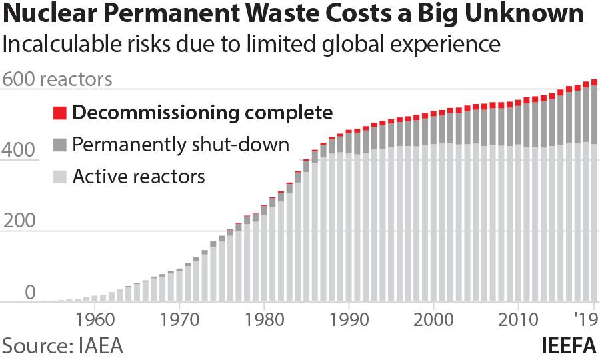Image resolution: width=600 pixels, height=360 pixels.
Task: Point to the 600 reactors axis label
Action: point(56,79)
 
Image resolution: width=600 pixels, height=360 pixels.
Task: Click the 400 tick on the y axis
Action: point(17,151)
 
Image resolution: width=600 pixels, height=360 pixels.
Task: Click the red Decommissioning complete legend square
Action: point(59,113)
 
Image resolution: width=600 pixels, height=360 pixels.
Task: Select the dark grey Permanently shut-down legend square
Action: point(59,145)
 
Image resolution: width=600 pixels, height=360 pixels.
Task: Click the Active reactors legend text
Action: point(139,177)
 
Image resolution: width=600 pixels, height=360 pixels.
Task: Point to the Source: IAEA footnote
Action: point(63,346)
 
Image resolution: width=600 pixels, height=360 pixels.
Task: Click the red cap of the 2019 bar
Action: point(594,83)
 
